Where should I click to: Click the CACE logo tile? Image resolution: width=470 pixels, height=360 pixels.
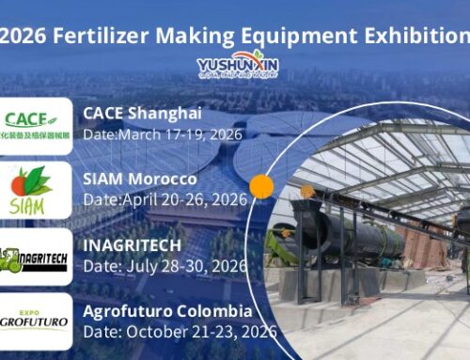pyautogui.click(x=36, y=126)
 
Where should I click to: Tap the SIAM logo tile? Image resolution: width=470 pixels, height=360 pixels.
pyautogui.click(x=36, y=190)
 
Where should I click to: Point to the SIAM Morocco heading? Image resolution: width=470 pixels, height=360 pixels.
pyautogui.click(x=140, y=179)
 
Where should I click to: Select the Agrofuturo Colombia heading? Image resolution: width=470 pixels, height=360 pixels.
pyautogui.click(x=167, y=310)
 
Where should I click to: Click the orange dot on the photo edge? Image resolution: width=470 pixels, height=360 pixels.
pyautogui.click(x=262, y=186)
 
